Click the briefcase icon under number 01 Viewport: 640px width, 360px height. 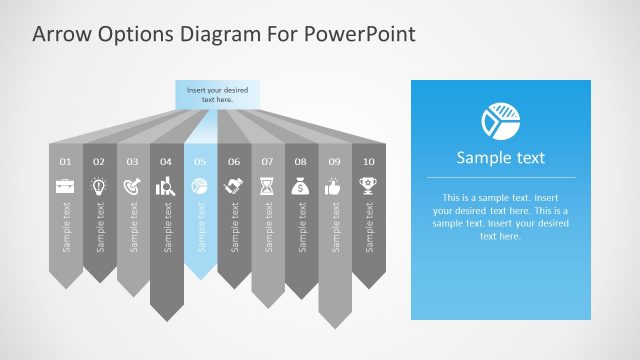(65, 185)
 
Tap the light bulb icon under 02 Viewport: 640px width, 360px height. (99, 185)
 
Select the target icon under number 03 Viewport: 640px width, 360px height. (133, 185)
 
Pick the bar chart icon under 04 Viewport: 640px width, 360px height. (166, 185)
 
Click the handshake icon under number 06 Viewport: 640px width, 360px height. (234, 185)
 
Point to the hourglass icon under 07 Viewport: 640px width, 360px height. (267, 185)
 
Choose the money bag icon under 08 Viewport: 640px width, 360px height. (301, 185)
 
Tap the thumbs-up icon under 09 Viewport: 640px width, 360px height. (335, 185)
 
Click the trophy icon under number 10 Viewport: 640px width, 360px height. (369, 185)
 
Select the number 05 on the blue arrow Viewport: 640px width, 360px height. (200, 161)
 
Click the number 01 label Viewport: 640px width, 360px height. (65, 161)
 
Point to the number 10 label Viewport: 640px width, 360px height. (369, 161)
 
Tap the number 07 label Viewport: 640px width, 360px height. (267, 161)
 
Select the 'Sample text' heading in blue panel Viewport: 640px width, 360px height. (500, 158)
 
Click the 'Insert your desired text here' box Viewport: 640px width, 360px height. (217, 95)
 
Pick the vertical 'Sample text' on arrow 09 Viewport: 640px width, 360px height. (335, 227)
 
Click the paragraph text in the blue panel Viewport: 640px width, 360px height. (500, 217)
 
